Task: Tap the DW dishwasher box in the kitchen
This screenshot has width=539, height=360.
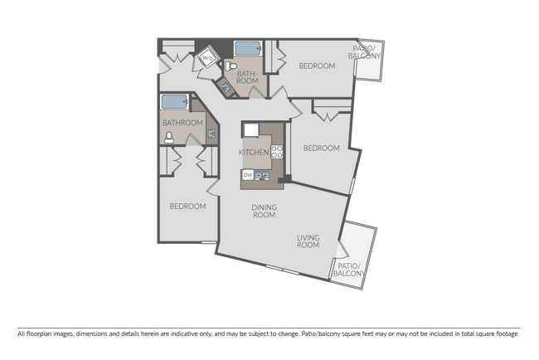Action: (247, 174)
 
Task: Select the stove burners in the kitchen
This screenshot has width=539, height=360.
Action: (277, 152)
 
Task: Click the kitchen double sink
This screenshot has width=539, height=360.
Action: (264, 175)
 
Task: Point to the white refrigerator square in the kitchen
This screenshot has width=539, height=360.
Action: (250, 129)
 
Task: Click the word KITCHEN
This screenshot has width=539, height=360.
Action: (254, 153)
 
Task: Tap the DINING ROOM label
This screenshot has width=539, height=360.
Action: (264, 211)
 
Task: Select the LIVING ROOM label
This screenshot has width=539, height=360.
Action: (308, 241)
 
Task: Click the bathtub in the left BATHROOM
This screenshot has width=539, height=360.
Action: (173, 102)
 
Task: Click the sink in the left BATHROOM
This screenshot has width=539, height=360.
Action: (211, 133)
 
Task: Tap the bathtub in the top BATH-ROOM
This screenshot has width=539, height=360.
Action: (246, 48)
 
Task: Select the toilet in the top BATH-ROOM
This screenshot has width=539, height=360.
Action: (236, 65)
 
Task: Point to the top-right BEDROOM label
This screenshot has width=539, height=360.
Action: (317, 66)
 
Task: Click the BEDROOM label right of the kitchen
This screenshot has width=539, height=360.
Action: (321, 148)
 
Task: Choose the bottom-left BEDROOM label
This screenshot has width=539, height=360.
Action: (187, 207)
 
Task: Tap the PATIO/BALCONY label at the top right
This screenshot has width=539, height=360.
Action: (367, 53)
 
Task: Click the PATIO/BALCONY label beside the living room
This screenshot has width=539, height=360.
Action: (347, 269)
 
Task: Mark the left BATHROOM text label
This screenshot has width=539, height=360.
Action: (182, 123)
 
